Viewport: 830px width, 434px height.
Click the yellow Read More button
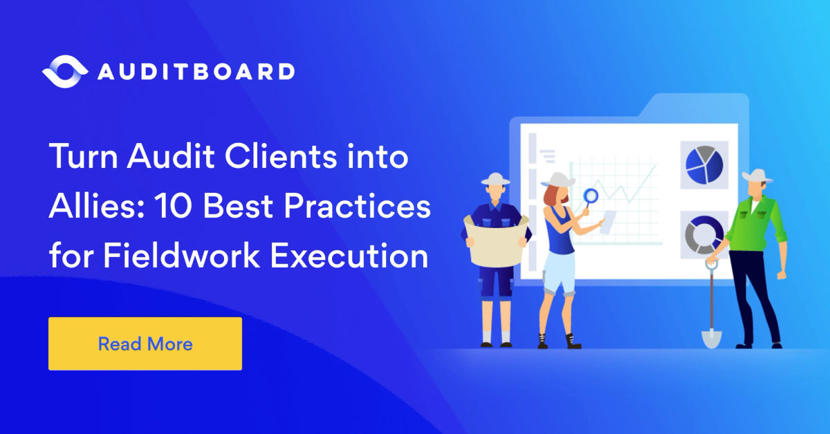point(145,343)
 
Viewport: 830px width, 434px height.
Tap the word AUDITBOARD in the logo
point(196,72)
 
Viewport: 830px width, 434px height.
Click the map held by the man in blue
point(497,239)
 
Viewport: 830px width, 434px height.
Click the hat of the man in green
point(757,176)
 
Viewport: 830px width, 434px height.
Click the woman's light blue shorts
point(557,272)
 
